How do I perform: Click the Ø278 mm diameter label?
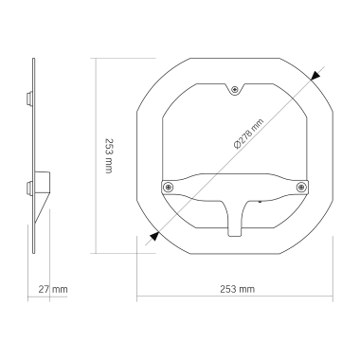249,134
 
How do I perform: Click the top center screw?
235,91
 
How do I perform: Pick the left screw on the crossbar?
169,186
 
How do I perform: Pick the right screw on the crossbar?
301,186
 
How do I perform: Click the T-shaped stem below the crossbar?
235,219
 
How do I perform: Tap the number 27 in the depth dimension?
45,288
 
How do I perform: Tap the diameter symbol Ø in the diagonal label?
235,147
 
